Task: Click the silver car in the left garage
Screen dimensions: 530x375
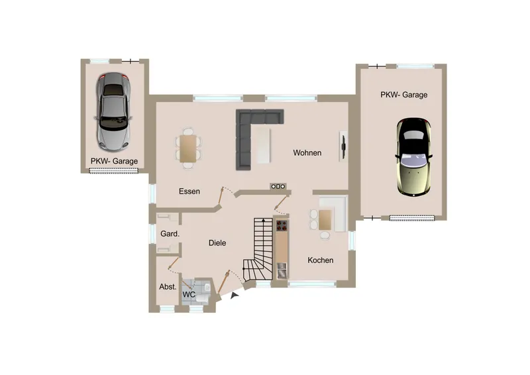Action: (x=113, y=111)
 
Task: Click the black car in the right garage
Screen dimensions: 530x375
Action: (x=413, y=157)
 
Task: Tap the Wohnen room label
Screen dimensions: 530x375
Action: (x=307, y=153)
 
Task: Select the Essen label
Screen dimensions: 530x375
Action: (x=189, y=191)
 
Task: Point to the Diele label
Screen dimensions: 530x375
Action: (x=217, y=242)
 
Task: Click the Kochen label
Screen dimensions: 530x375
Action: (x=321, y=260)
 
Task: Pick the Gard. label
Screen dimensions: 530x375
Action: (x=170, y=234)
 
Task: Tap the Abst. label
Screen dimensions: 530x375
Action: (x=168, y=287)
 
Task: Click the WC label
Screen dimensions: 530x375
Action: (x=189, y=295)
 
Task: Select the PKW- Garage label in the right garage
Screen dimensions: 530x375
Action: (x=404, y=95)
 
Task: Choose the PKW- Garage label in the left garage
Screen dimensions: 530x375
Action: (x=114, y=161)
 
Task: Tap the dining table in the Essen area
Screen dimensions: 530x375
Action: (x=188, y=148)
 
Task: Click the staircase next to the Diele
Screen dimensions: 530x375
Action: (x=258, y=249)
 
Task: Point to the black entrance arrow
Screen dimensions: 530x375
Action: (x=235, y=296)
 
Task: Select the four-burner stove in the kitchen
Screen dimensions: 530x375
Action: (x=282, y=225)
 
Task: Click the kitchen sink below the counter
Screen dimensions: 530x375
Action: (x=282, y=270)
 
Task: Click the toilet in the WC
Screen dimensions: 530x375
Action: (x=203, y=298)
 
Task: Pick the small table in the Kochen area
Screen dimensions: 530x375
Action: (x=325, y=220)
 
